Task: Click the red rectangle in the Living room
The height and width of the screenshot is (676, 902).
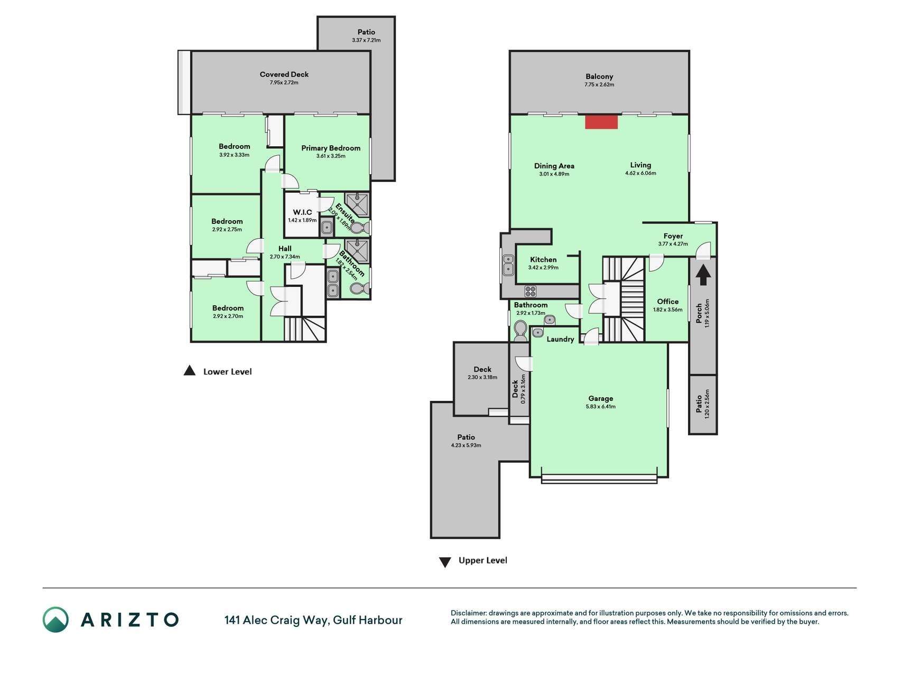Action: point(601,121)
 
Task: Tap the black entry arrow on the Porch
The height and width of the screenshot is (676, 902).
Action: point(703,275)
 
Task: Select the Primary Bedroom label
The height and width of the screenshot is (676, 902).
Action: point(331,148)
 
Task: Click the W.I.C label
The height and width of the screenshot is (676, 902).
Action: point(302,212)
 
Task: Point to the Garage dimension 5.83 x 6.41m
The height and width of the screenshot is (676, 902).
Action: point(601,407)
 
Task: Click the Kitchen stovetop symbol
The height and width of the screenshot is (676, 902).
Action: point(531,291)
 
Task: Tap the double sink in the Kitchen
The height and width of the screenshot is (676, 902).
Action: point(508,265)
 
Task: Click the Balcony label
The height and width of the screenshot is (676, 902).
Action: point(599,77)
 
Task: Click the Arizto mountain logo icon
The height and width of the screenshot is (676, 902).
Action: point(55,619)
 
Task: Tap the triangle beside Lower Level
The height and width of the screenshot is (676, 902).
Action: point(189,371)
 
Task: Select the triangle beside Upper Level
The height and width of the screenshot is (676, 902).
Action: point(445,562)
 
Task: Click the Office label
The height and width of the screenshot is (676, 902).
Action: point(668,302)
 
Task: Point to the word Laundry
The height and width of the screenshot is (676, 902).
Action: point(560,339)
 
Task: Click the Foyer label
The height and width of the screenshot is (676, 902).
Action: point(673,236)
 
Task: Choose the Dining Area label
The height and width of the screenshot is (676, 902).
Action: point(554,166)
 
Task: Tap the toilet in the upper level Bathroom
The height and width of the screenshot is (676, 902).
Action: point(520,330)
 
